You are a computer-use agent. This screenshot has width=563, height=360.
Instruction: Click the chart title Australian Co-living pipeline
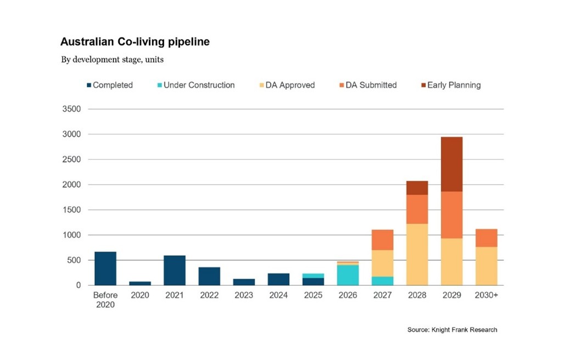[135, 42]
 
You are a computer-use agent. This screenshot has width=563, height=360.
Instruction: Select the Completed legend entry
[110, 85]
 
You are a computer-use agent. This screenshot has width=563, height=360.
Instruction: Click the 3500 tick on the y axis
[72, 109]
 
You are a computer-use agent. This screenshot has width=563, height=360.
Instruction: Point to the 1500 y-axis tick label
[72, 210]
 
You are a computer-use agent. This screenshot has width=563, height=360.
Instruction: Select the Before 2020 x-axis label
[105, 300]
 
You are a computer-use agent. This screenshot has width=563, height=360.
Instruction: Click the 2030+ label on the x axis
[486, 296]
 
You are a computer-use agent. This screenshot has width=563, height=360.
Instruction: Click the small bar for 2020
[140, 283]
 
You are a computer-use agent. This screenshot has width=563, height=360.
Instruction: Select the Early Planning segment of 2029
[451, 164]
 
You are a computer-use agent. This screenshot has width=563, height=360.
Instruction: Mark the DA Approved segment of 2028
[417, 254]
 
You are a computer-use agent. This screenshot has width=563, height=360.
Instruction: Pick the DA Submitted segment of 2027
[382, 240]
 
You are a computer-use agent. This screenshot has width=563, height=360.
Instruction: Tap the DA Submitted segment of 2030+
[486, 238]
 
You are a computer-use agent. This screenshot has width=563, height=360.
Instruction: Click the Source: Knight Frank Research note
[452, 330]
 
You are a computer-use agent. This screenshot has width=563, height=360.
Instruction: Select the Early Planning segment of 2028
[417, 188]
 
